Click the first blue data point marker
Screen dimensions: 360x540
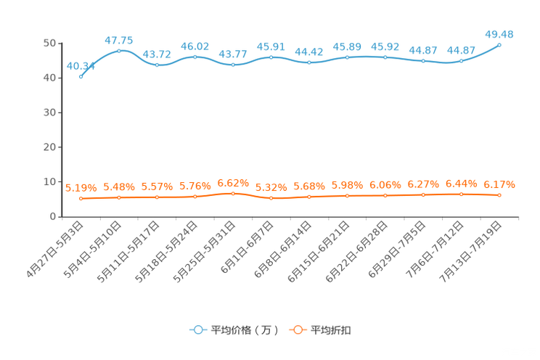81,75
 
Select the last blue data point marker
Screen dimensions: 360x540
499,45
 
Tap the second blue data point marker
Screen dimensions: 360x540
119,51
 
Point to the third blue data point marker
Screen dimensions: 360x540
157,65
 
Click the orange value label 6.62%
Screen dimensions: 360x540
233,182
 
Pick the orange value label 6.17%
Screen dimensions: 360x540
499,184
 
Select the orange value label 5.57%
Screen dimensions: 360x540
157,187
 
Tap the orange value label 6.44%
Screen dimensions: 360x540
461,184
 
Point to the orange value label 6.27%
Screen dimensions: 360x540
423,184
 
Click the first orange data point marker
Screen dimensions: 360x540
81,198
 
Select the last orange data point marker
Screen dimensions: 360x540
499,195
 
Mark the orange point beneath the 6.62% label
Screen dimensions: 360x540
233,194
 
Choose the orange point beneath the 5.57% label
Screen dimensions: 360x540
157,197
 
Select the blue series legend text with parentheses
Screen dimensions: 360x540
245,330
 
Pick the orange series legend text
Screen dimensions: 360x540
331,330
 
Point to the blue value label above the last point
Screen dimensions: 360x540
499,33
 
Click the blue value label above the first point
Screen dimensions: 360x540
81,66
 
